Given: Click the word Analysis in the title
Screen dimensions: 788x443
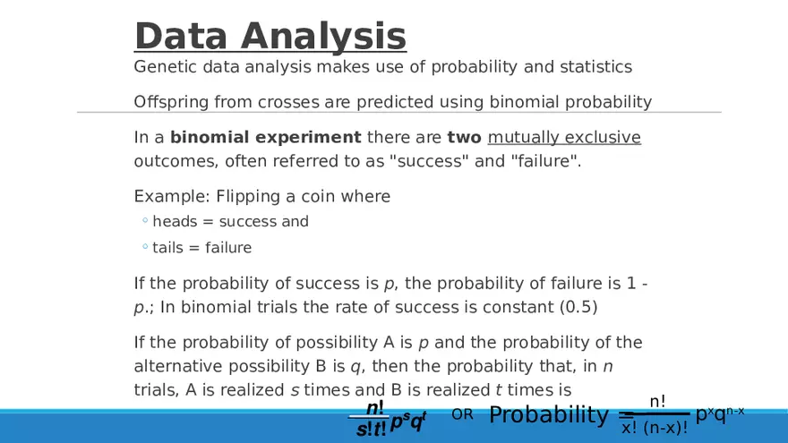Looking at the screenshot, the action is point(323,36).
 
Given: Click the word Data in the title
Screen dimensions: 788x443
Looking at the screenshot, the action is point(181,36).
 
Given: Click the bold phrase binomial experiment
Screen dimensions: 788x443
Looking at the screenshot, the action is point(265,137).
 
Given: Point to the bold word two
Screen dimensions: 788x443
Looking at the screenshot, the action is point(464,137).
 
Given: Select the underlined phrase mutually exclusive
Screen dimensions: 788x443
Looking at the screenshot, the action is point(564,137).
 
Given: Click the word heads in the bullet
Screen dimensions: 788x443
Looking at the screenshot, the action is point(175,222).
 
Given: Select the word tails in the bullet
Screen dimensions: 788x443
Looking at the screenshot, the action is point(167,248).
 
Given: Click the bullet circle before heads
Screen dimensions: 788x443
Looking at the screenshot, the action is point(145,220).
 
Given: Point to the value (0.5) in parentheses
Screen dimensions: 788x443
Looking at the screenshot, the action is point(579,307).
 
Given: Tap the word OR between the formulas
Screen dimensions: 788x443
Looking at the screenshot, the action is point(462,414).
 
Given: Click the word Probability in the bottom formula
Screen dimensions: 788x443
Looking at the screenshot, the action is point(549,415).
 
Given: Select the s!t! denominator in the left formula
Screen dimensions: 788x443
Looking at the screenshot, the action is point(371,429).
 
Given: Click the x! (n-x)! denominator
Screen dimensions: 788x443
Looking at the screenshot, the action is point(655,429).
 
